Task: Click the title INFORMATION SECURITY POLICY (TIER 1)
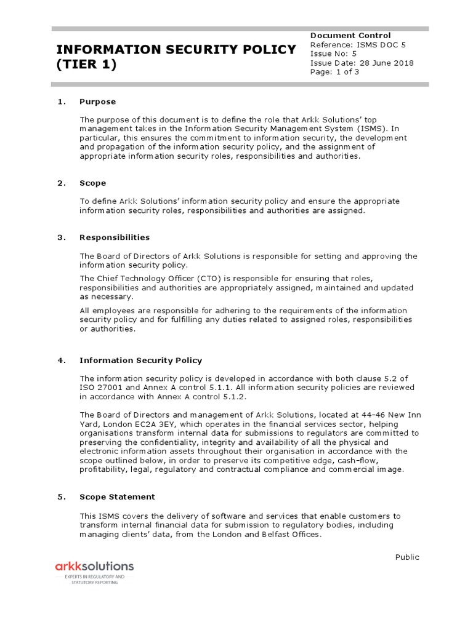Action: [x=176, y=57]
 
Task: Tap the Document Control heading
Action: [x=350, y=36]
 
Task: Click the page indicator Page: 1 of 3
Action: [x=334, y=71]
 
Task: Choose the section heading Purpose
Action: [x=97, y=102]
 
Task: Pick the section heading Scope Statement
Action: [x=117, y=496]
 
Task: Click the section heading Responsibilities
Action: [x=114, y=237]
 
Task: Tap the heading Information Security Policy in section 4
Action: [x=140, y=361]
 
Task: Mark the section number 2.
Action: [x=61, y=183]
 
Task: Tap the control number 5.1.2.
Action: [x=222, y=397]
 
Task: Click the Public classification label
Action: [x=406, y=557]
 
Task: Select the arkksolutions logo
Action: [x=94, y=566]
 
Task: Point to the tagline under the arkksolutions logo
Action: [x=94, y=580]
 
